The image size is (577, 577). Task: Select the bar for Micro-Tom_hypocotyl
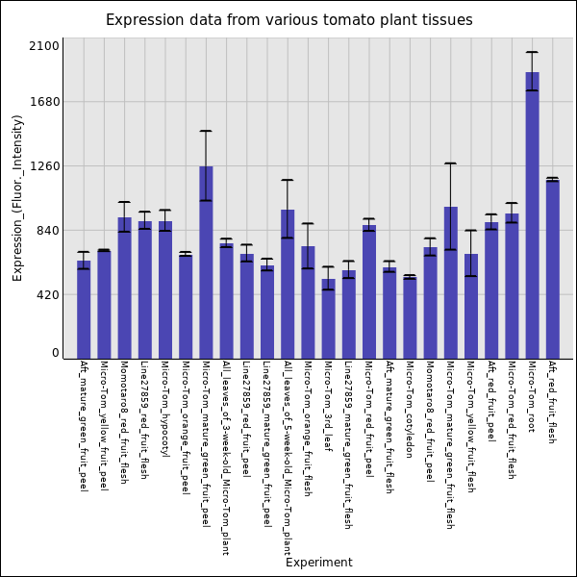[165, 289]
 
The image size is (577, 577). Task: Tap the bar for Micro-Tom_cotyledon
[410, 317]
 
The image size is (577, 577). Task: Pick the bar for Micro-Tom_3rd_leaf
[328, 318]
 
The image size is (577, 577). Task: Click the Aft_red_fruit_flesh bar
[552, 269]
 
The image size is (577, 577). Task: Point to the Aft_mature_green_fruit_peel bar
[84, 309]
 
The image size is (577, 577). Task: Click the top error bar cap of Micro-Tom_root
[532, 52]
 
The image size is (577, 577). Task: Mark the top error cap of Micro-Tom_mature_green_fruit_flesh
[450, 163]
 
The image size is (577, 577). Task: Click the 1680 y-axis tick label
[45, 102]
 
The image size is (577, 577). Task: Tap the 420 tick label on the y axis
[48, 295]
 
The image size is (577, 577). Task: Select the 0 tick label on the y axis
[56, 353]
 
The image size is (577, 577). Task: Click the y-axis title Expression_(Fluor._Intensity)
[17, 197]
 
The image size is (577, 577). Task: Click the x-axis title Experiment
[318, 563]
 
